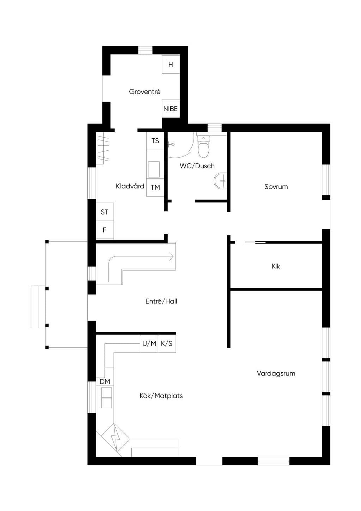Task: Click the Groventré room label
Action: pos(145,92)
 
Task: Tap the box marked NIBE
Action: pos(171,109)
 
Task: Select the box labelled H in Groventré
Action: pos(171,65)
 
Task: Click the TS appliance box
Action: pos(155,141)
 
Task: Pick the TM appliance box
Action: pos(155,187)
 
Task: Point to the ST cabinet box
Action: pos(105,212)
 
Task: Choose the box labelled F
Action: pos(105,230)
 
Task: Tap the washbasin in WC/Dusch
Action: pos(220,181)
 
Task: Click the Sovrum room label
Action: pos(276,187)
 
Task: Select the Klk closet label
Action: pos(276,266)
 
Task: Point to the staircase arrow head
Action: pos(171,256)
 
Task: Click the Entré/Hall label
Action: pos(161,301)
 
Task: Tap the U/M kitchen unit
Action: pos(149,344)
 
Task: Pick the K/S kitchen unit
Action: pos(167,344)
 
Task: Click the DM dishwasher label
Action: pos(105,381)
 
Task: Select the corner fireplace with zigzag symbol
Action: pos(116,439)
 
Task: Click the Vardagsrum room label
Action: pos(276,373)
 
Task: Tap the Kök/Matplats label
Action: pos(161,396)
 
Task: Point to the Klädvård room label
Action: pos(130,186)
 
